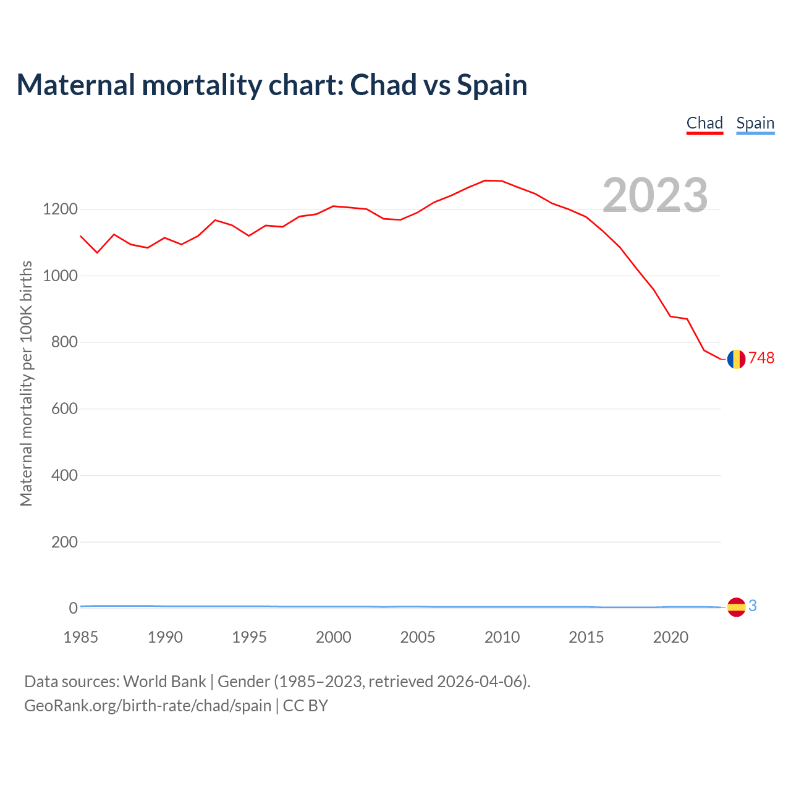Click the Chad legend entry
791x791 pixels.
(704, 123)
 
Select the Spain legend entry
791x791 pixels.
(755, 123)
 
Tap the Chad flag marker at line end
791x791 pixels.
(736, 359)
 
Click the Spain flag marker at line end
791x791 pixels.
(736, 607)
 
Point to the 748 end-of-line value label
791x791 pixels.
(761, 358)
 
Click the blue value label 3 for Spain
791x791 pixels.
(753, 606)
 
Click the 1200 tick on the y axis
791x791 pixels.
(60, 209)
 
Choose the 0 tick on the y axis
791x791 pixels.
(74, 608)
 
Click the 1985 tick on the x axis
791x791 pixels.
(80, 637)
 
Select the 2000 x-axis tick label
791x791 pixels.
(333, 637)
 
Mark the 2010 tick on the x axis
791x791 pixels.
(502, 637)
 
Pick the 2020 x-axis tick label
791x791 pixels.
(670, 637)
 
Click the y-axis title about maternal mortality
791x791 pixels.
(26, 383)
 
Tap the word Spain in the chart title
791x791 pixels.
(492, 85)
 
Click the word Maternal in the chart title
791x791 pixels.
(75, 85)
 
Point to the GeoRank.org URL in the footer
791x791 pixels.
(148, 706)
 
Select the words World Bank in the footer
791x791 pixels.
(164, 682)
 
